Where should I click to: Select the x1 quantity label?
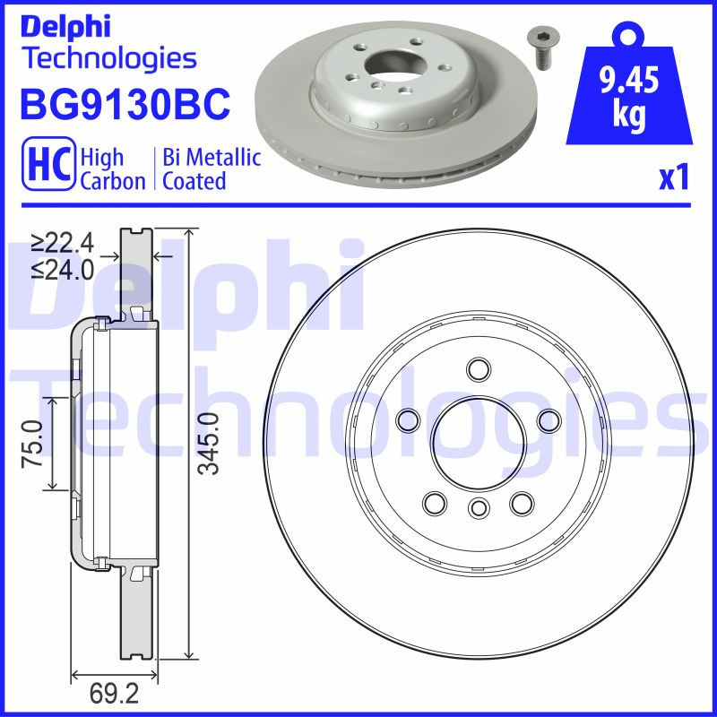tap(673, 179)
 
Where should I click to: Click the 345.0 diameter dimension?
tap(208, 444)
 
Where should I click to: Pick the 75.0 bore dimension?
tap(33, 444)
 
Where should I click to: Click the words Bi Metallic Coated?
tap(212, 169)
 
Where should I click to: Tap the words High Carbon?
tap(113, 169)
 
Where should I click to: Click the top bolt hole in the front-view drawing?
tap(478, 369)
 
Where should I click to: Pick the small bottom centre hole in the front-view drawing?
tap(478, 509)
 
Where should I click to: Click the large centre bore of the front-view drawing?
tap(478, 439)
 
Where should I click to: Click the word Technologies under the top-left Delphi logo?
tap(108, 59)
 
